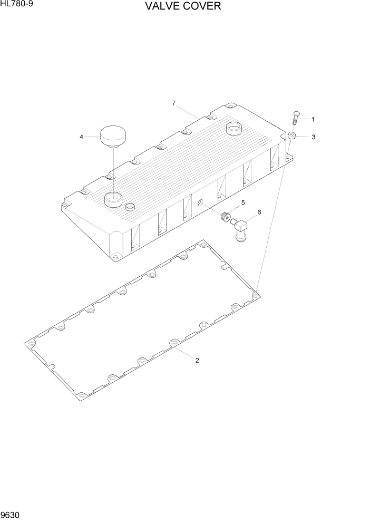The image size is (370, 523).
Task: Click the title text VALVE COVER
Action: [184, 7]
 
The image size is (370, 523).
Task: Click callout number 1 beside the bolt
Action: [313, 119]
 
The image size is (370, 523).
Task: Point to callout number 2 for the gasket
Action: [197, 361]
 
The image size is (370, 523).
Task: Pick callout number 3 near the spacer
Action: [313, 137]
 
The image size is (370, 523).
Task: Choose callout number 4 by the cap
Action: [81, 137]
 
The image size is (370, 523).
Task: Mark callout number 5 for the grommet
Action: [243, 202]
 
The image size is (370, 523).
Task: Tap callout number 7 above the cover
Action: [173, 103]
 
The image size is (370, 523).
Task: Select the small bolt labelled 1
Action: [295, 118]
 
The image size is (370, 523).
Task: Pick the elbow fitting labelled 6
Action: [240, 230]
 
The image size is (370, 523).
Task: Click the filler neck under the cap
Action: [113, 199]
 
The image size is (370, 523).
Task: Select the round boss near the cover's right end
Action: [233, 129]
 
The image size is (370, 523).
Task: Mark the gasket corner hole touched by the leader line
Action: [256, 295]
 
